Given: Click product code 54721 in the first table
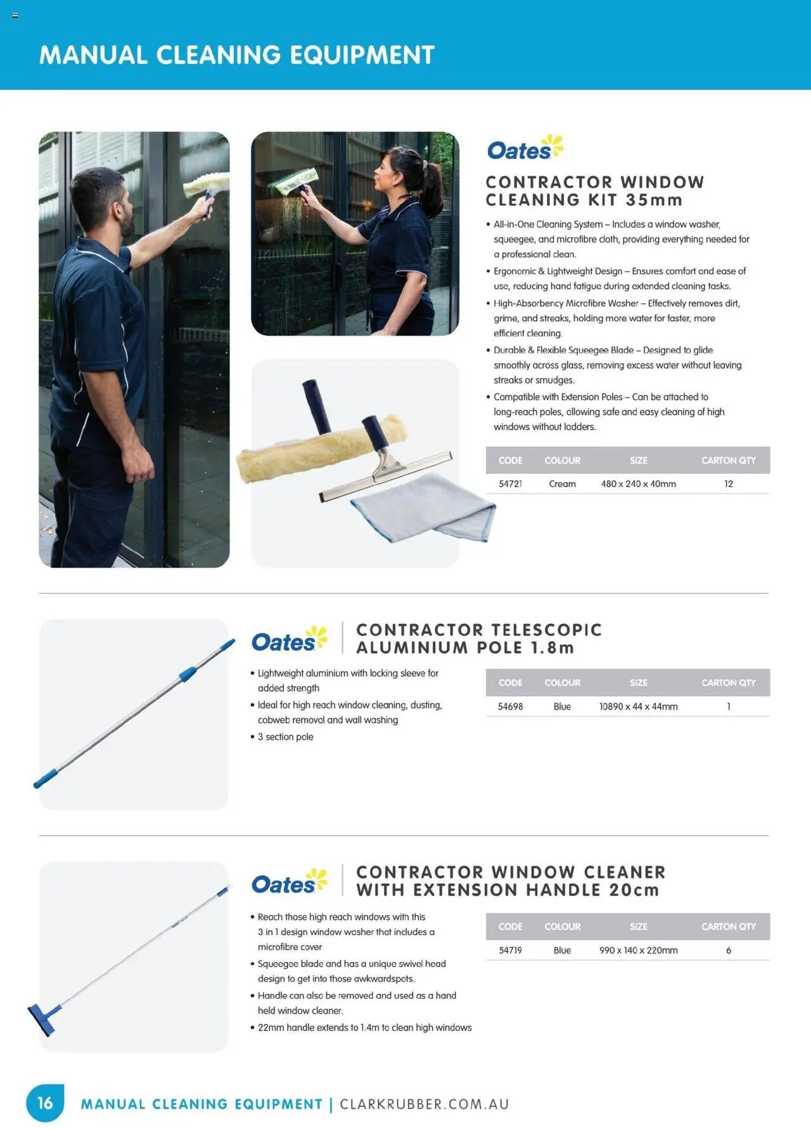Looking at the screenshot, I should (x=510, y=483).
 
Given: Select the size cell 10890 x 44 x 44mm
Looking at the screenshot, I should (x=638, y=706).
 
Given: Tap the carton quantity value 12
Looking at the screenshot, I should (x=728, y=483).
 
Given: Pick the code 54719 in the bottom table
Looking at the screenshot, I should (x=510, y=950).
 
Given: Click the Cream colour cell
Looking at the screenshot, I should (x=562, y=483).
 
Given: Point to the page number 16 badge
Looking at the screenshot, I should (x=45, y=1103).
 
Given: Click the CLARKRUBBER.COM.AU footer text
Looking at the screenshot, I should (x=425, y=1104).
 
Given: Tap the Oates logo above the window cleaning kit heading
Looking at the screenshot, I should (x=524, y=149).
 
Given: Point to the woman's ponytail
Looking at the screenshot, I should (x=431, y=181).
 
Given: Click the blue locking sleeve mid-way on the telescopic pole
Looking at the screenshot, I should (x=188, y=673).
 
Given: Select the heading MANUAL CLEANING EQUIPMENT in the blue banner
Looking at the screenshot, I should (x=236, y=55).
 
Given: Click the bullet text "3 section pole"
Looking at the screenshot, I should (x=285, y=737).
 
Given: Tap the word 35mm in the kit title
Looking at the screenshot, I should (x=653, y=200).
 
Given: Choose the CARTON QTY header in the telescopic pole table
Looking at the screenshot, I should (x=728, y=682).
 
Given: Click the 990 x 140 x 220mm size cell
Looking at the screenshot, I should (x=638, y=950).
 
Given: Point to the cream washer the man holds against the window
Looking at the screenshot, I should (x=206, y=184).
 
